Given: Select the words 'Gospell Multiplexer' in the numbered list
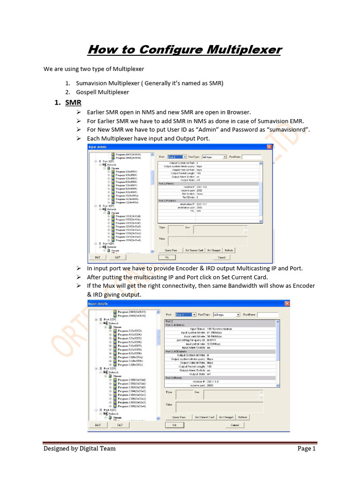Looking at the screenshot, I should click(x=102, y=92).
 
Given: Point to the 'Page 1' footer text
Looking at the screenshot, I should click(x=307, y=449).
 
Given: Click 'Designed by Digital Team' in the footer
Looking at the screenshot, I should click(x=80, y=449).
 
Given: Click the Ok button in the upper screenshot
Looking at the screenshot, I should click(x=166, y=257).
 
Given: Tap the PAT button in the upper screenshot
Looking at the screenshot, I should click(x=97, y=257).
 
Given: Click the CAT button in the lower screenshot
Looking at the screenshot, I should click(x=120, y=425).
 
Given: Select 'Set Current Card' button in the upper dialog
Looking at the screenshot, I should click(x=194, y=250).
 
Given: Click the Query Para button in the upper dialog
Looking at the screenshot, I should click(x=171, y=250).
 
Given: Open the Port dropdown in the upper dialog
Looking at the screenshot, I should click(x=178, y=157).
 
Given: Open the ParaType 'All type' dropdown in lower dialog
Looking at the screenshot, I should click(x=227, y=315).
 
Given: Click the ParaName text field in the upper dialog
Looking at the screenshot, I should click(x=251, y=157).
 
